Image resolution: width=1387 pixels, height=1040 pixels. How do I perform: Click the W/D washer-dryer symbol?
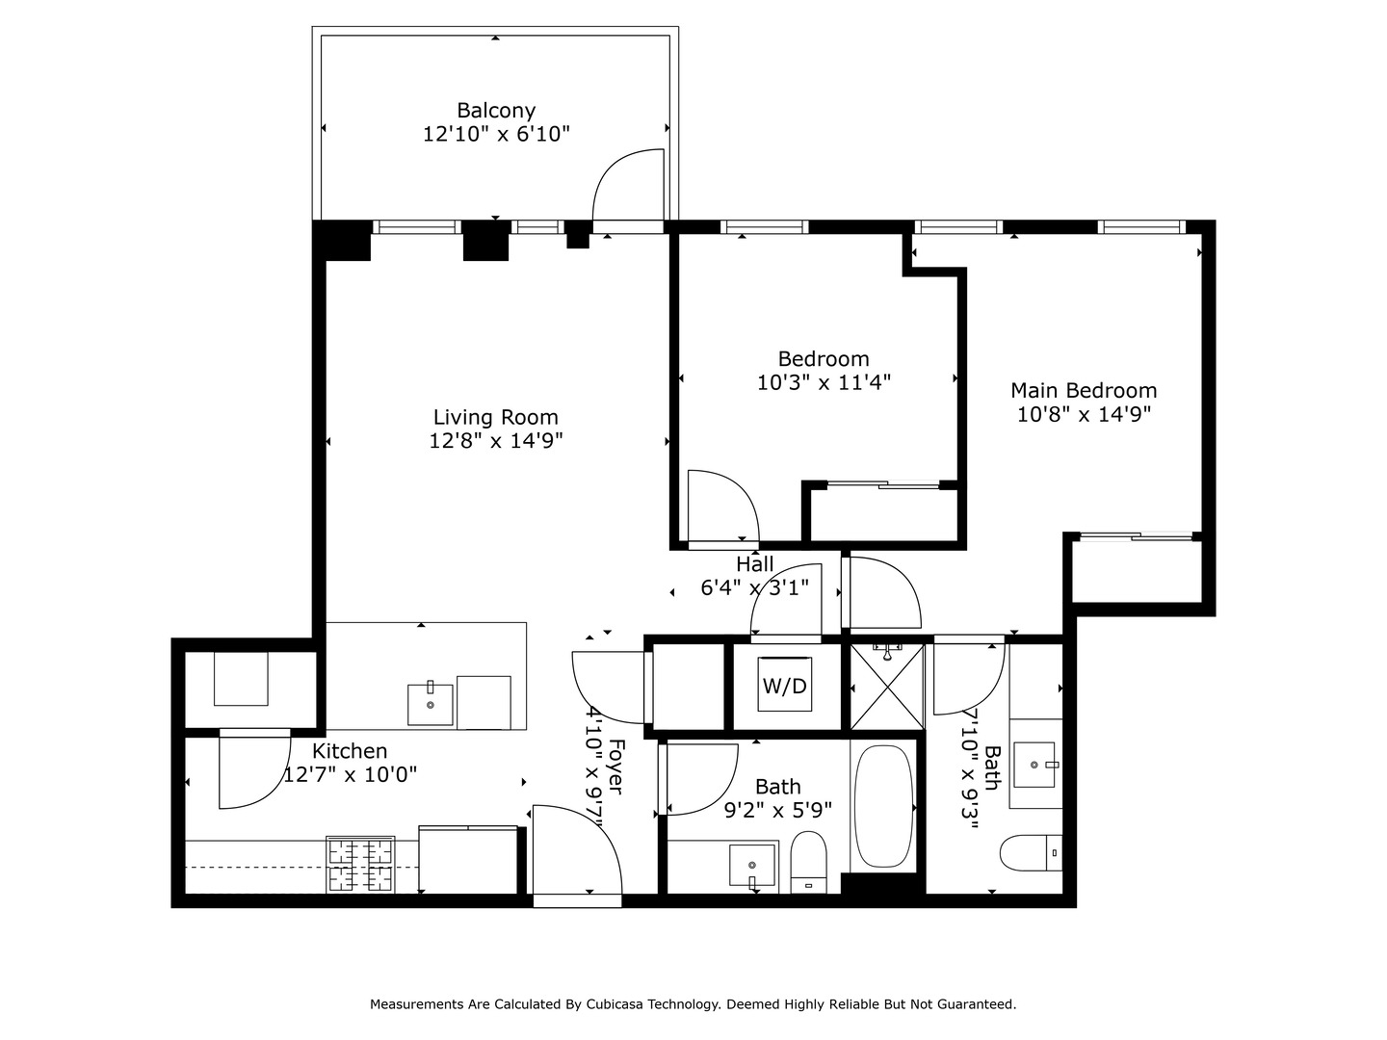pos(785,685)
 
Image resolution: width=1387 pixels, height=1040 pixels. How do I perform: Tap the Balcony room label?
pos(496,111)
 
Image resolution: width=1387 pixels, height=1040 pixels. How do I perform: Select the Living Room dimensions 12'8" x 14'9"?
pos(496,440)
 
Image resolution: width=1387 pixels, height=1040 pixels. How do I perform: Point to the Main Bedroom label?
pos(1084,390)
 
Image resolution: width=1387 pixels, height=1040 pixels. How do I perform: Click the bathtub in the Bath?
pos(883,806)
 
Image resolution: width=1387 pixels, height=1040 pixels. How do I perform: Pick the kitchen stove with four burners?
pos(360,864)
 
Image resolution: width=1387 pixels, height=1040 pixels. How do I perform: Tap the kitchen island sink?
pos(431,704)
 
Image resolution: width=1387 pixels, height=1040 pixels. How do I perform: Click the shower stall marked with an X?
pos(887,687)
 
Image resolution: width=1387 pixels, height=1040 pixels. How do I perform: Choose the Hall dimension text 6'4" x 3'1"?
pos(755,587)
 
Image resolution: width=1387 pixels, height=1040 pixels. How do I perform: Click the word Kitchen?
pos(350,751)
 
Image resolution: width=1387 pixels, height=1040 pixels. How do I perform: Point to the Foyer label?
pos(615,767)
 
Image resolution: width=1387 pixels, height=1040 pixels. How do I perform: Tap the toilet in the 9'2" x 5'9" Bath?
pos(809,863)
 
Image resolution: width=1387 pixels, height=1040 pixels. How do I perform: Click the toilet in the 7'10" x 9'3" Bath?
pos(1031,853)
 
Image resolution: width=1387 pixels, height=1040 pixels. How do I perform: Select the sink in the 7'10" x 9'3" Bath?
pos(1034,765)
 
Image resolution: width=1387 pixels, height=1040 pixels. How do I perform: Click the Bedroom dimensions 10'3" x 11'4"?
pos(824,382)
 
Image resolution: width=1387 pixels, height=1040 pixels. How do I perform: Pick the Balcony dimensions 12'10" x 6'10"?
pos(496,134)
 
